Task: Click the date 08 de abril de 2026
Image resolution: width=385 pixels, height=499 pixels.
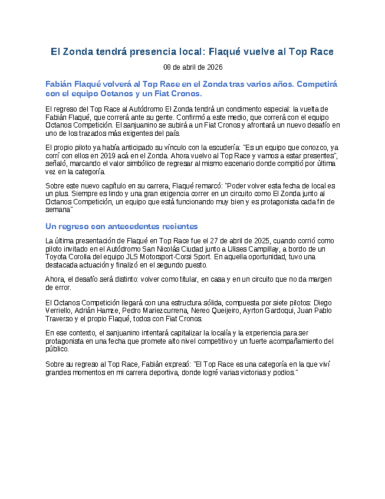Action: pos(192,67)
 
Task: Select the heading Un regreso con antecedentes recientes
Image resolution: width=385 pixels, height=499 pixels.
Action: pos(121,226)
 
